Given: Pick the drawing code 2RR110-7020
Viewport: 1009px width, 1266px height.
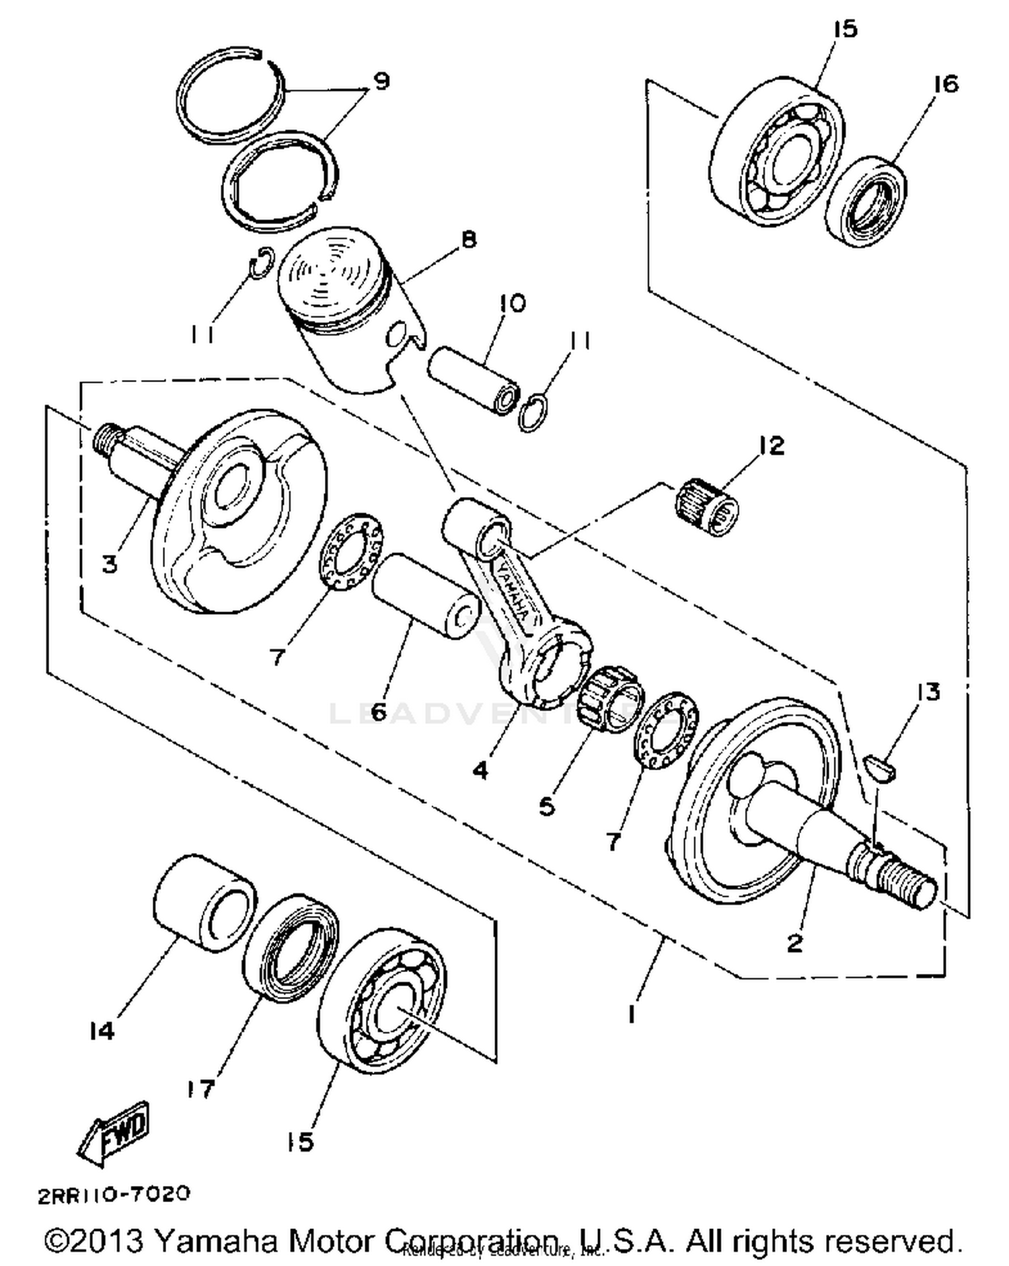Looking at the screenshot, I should [x=114, y=1195].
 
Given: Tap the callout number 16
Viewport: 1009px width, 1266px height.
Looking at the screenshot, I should [x=946, y=84].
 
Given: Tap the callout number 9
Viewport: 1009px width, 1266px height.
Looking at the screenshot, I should [x=381, y=81].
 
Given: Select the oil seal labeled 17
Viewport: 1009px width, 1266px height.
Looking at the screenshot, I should [x=290, y=947].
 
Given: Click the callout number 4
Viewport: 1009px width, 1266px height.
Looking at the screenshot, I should [x=480, y=770].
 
